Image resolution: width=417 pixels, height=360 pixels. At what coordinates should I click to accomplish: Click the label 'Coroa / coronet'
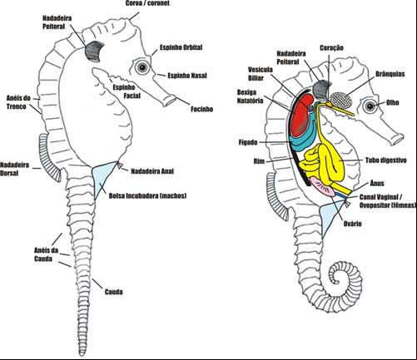click(147, 3)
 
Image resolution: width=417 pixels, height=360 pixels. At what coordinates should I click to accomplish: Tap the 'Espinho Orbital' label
click(181, 47)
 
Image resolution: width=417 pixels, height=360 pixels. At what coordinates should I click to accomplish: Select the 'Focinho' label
click(201, 109)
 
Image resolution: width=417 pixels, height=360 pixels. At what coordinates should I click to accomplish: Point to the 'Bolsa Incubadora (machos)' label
click(147, 195)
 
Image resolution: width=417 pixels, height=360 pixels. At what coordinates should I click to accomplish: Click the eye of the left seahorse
click(142, 67)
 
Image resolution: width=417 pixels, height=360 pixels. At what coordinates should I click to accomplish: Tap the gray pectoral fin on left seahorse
click(94, 51)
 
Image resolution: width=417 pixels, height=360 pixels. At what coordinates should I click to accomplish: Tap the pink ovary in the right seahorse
click(323, 187)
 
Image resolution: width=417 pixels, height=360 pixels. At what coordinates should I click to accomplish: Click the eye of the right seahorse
click(370, 106)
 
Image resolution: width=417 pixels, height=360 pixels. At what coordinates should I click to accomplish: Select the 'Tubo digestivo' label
click(385, 160)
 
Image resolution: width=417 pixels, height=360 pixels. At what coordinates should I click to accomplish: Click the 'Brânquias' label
click(390, 74)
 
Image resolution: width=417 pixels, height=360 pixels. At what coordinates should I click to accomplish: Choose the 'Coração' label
click(331, 47)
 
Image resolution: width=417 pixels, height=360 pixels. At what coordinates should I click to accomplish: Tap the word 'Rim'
click(259, 161)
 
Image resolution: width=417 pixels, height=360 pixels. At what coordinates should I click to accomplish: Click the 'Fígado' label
click(248, 142)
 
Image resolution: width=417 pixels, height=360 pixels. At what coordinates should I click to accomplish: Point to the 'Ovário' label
click(353, 224)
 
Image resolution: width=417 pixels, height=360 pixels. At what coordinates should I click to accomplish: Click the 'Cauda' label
click(114, 292)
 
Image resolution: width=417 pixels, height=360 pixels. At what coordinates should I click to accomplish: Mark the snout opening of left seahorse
click(170, 101)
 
